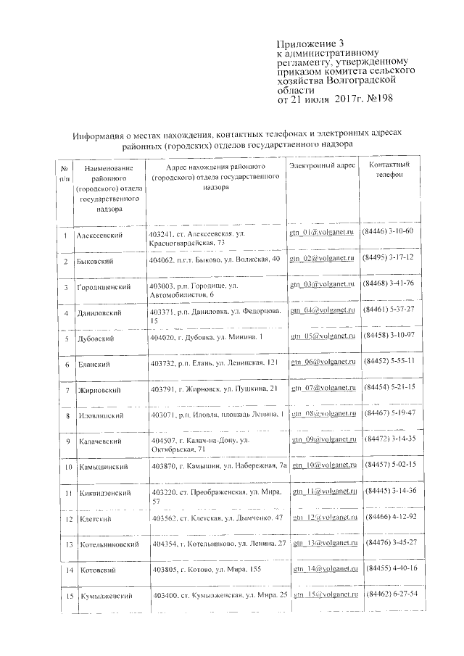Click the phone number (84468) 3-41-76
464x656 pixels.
coord(388,283)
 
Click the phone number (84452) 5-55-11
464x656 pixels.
coord(389,360)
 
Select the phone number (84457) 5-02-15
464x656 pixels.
coord(388,464)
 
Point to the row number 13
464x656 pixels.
coord(67,544)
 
